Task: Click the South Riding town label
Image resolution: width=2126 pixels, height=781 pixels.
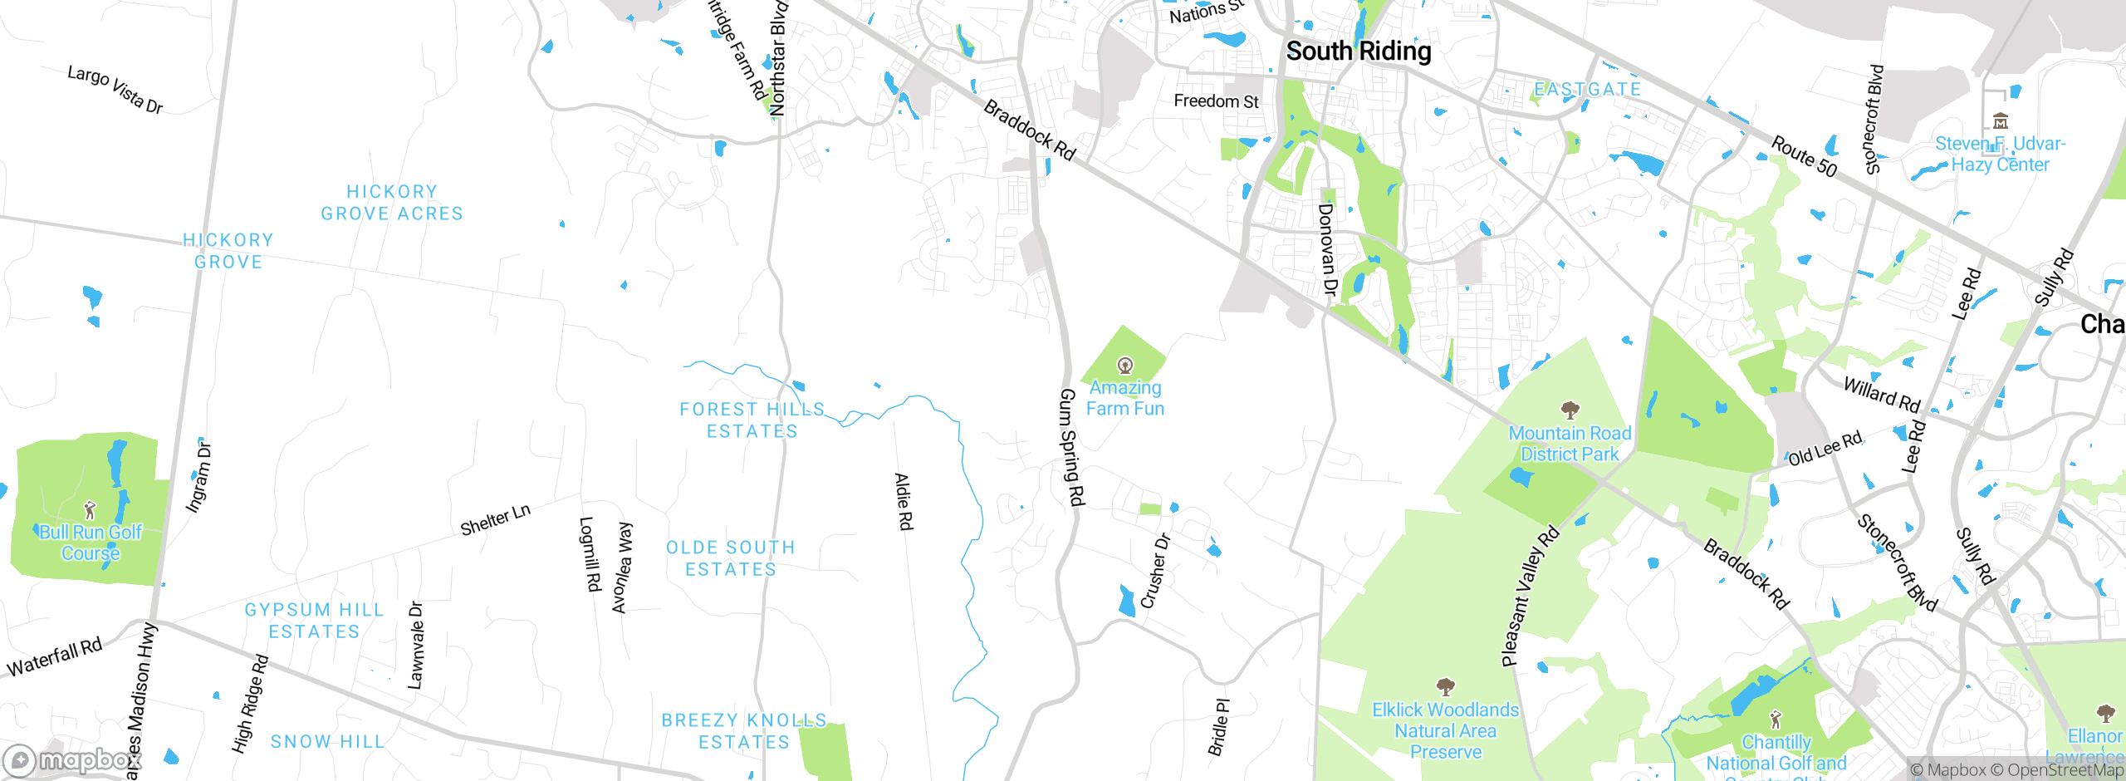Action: (1359, 52)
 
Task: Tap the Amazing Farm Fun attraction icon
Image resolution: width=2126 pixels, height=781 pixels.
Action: (1125, 366)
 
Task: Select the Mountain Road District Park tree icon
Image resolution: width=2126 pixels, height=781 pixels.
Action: (1570, 410)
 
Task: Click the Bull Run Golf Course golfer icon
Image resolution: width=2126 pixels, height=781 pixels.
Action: (90, 510)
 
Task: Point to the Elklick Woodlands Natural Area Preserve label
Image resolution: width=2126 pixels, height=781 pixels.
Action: (1445, 730)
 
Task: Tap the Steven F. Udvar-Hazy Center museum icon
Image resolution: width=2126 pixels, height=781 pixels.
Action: (2001, 121)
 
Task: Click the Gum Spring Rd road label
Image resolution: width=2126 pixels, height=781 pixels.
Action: (1071, 447)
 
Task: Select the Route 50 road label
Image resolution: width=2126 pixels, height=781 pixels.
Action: (1804, 156)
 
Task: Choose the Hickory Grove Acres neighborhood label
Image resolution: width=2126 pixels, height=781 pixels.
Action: (392, 203)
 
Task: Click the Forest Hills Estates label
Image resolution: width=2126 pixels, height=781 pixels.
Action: (752, 420)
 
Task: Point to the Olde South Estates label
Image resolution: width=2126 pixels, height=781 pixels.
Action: (731, 558)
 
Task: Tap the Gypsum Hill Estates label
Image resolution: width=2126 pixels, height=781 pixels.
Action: (314, 621)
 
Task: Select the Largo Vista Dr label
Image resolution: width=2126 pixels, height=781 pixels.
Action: (115, 89)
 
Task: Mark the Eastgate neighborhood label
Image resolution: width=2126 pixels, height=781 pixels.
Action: (1587, 89)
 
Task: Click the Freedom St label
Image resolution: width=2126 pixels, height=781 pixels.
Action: (1216, 101)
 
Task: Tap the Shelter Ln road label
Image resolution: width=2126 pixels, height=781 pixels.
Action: (495, 520)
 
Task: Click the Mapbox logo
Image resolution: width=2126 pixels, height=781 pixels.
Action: (71, 760)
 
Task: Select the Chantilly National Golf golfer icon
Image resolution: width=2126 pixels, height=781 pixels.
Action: (1776, 719)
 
